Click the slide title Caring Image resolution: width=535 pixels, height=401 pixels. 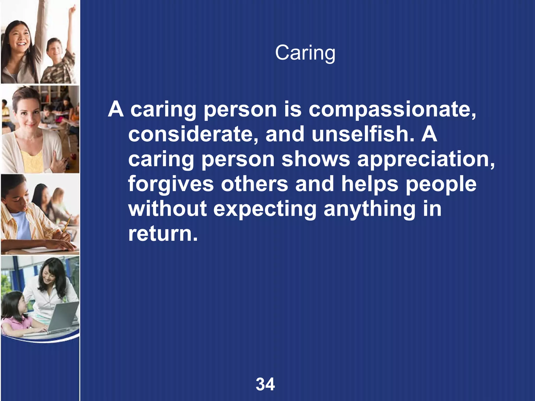[305, 53]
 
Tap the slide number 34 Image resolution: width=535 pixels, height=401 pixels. [265, 384]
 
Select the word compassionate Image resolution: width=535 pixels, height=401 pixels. [392, 110]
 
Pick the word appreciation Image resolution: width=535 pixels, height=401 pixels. [426, 159]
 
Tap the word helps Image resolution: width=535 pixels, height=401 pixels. [370, 184]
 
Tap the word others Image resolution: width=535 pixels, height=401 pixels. [255, 184]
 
